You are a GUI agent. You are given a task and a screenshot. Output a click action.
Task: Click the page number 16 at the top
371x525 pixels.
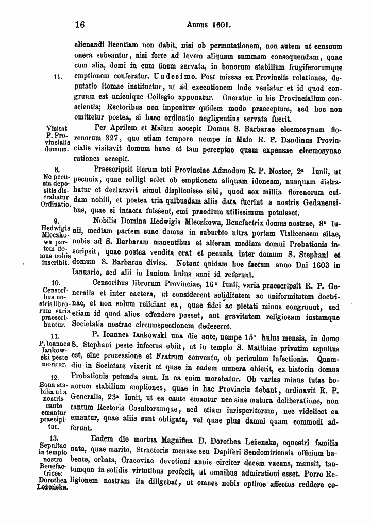click(x=79, y=24)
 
